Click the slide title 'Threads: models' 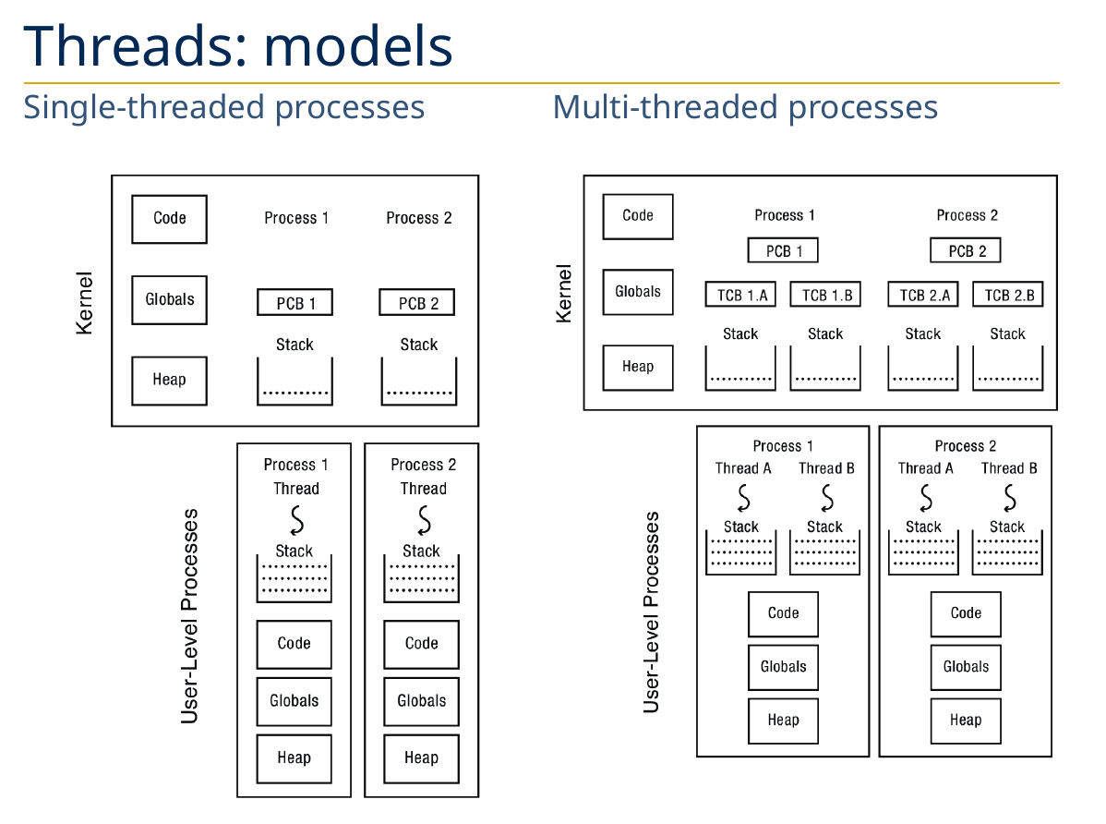[x=238, y=45]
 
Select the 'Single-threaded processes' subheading [x=223, y=107]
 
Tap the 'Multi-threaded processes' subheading [x=745, y=107]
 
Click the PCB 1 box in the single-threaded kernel [x=295, y=303]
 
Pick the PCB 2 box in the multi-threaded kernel [x=965, y=250]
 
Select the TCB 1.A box [x=740, y=295]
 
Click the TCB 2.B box [x=1008, y=295]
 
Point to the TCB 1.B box [x=825, y=295]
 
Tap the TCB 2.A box [x=923, y=295]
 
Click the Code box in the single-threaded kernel [x=169, y=219]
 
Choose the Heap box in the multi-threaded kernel [x=638, y=367]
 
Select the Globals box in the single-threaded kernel [x=169, y=299]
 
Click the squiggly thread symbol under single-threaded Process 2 [x=424, y=521]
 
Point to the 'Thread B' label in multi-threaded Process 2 [x=1008, y=468]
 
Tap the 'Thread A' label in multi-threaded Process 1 [x=743, y=468]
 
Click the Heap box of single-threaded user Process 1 [x=294, y=758]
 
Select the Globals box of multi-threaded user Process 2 [x=966, y=667]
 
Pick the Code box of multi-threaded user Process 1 [x=783, y=613]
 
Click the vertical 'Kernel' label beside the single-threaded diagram [x=85, y=301]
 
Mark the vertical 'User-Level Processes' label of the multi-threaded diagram [x=652, y=612]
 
